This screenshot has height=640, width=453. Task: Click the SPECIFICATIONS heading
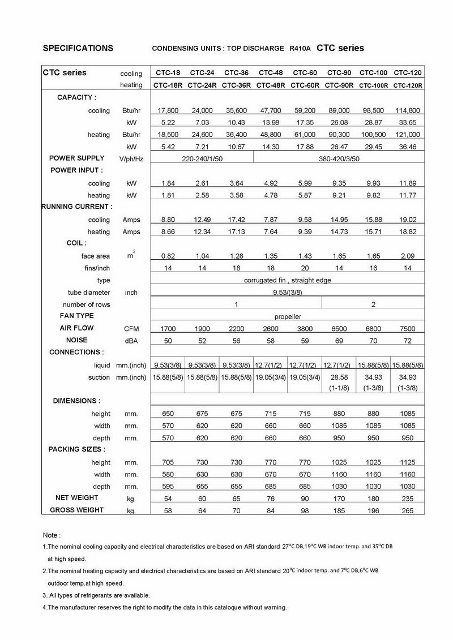78,48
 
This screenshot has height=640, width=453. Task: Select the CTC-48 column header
271,73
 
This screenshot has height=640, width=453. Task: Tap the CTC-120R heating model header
408,85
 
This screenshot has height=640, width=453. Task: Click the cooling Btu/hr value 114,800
408,110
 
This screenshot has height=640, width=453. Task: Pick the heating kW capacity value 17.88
305,147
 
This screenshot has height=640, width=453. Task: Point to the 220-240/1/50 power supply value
202,159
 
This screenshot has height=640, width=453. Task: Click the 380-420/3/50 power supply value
339,159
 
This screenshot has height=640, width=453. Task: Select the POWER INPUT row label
76,170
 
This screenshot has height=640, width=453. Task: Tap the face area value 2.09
408,256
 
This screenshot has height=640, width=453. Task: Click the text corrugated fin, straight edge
288,280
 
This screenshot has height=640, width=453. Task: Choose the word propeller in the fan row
288,317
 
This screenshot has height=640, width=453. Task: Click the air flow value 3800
305,329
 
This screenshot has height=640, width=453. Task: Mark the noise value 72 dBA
408,341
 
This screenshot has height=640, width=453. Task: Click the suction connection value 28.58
339,377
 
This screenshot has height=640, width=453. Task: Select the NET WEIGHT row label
76,498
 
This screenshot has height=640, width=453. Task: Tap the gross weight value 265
408,511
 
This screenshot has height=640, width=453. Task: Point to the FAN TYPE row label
77,316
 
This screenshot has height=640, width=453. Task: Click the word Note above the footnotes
51,535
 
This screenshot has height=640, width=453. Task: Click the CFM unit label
131,329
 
